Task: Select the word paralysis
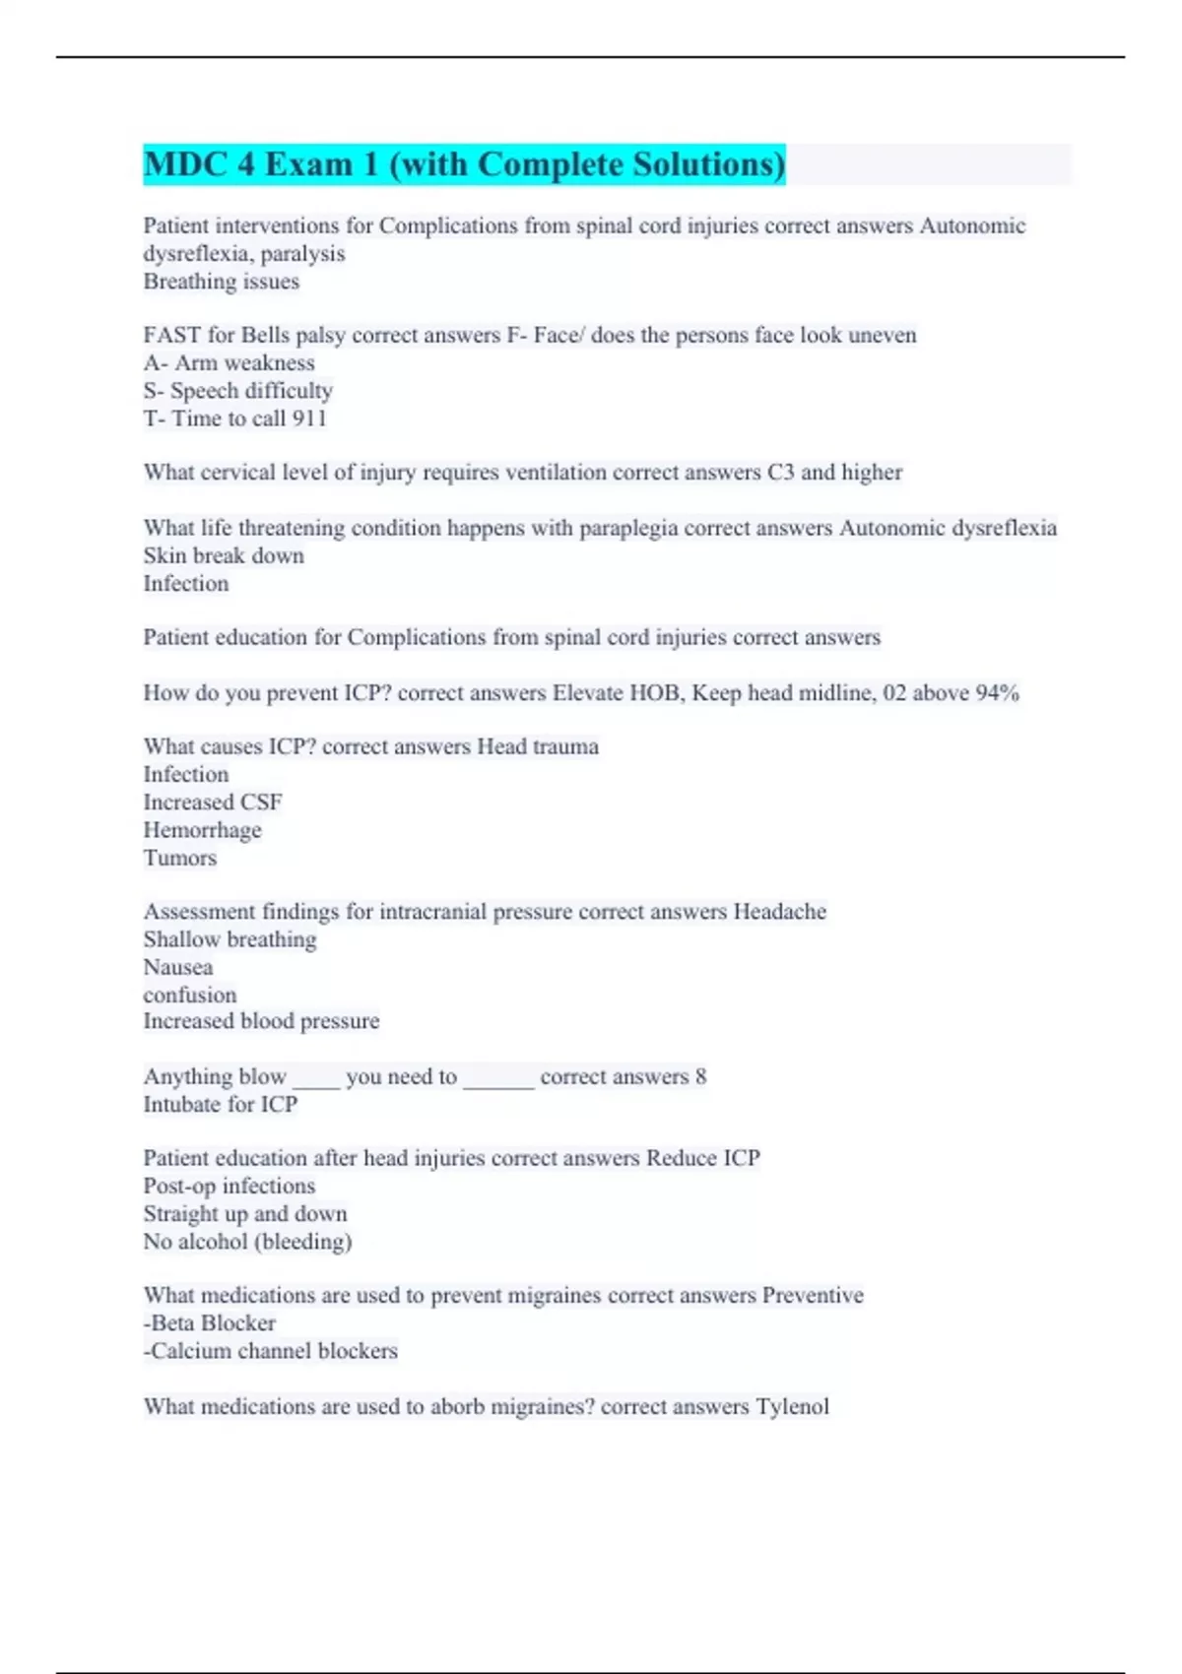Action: [x=302, y=254]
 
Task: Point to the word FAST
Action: [x=172, y=336]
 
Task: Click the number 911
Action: [x=309, y=418]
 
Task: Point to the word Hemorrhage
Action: [x=202, y=831]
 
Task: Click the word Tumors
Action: [x=179, y=859]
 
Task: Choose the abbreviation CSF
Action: [x=261, y=804]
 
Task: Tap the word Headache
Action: [x=779, y=912]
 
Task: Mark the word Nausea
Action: [x=178, y=968]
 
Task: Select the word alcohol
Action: [x=210, y=1242]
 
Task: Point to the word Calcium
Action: [x=190, y=1351]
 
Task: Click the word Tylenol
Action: [x=792, y=1407]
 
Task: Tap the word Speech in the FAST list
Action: [x=203, y=391]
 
